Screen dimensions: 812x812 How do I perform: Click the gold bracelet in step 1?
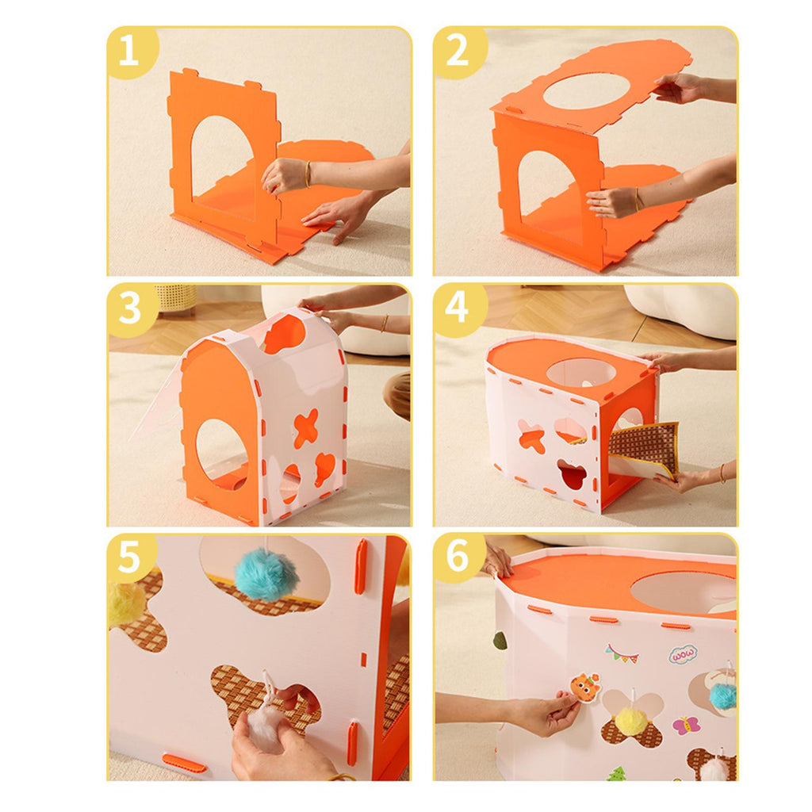click(308, 174)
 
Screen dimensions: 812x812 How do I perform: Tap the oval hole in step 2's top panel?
click(586, 91)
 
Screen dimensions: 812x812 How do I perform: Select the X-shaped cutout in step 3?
click(306, 428)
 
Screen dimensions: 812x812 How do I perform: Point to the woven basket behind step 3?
click(176, 298)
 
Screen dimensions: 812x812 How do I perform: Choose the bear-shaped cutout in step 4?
click(572, 474)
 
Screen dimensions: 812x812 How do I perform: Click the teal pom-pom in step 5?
click(265, 575)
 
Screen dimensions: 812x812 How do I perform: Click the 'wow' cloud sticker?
click(683, 655)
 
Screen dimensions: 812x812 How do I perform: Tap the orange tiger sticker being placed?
click(585, 688)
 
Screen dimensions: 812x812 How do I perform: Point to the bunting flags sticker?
click(622, 653)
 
